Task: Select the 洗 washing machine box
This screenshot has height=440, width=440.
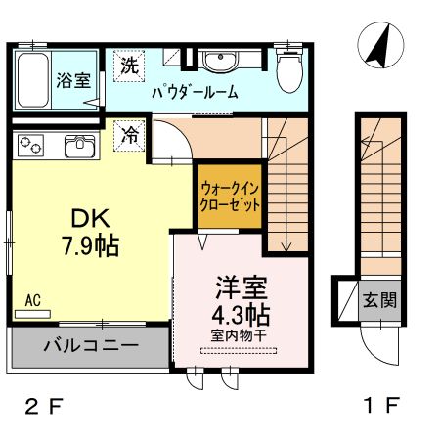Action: pos(128,66)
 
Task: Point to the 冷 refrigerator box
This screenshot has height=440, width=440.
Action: pos(128,136)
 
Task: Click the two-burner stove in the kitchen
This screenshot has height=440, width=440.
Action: pos(31,148)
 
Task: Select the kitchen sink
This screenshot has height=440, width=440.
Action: pos(79,148)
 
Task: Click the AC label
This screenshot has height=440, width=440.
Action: pos(31,300)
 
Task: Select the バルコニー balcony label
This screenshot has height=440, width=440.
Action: pos(91,345)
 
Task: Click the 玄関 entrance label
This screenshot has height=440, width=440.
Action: pos(381,300)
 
